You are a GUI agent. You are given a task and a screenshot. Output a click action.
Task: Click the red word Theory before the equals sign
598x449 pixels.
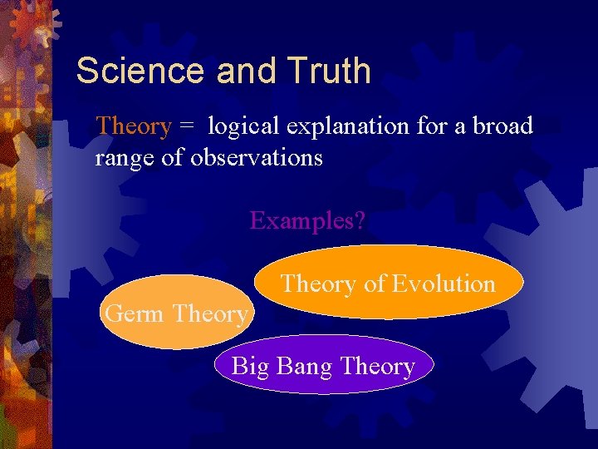134,126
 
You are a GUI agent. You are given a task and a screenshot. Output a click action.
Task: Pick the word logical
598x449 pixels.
244,126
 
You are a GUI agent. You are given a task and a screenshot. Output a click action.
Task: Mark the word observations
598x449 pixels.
257,157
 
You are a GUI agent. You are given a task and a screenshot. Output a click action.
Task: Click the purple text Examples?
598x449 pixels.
308,221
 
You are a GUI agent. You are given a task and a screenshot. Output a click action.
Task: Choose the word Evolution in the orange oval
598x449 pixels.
444,284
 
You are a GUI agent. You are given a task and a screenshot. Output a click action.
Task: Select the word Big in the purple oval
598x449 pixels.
250,367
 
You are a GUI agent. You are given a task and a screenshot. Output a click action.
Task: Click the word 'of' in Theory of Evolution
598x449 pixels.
374,284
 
